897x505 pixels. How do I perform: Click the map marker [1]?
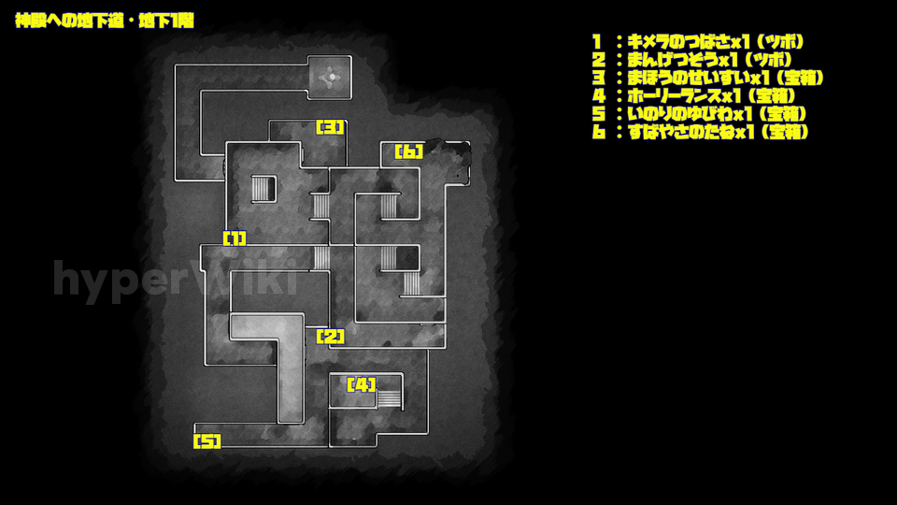tap(235, 238)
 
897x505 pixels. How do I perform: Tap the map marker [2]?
tap(331, 336)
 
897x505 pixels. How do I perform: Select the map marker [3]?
tap(331, 126)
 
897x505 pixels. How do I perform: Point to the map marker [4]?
tap(362, 384)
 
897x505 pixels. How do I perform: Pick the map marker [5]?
tap(207, 440)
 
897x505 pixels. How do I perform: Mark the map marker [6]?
tap(409, 151)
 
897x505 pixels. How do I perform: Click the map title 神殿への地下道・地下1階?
tap(105, 22)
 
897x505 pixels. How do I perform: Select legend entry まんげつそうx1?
tap(682, 60)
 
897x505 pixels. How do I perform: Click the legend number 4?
tap(599, 96)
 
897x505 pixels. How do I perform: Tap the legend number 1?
tap(597, 42)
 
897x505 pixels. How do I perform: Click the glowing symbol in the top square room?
tap(331, 77)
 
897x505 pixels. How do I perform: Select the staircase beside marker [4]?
tap(389, 399)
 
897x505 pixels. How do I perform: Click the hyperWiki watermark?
tap(175, 279)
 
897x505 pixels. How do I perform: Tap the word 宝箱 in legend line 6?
tap(788, 132)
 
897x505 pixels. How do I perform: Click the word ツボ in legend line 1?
tap(784, 42)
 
